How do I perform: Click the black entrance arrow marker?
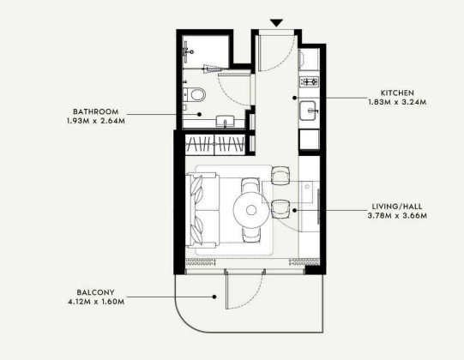point(277,23)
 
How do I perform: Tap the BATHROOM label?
point(96,111)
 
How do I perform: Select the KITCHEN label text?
point(397,93)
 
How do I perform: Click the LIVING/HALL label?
point(397,207)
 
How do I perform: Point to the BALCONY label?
point(95,292)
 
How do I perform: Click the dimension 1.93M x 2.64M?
point(96,121)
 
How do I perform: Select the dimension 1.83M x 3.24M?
point(397,102)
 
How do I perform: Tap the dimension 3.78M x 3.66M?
point(397,216)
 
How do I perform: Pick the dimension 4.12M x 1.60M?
point(96,302)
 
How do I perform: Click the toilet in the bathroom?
point(195,94)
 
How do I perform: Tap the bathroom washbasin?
point(226,121)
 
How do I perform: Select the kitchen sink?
point(309,111)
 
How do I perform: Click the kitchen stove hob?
point(309,81)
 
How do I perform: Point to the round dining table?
point(251,210)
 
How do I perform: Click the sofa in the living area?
point(202,210)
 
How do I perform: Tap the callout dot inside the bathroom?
point(200,114)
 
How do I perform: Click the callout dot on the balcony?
point(214,297)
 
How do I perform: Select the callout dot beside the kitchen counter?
point(294,98)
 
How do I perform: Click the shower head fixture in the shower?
point(187,51)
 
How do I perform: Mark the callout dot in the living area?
point(294,210)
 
